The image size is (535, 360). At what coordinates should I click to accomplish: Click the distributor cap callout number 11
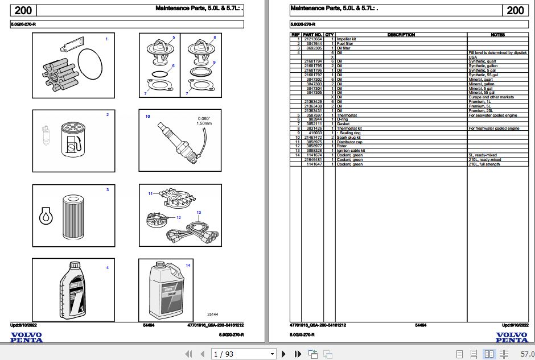[150, 194]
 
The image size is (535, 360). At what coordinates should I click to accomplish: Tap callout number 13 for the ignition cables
[199, 212]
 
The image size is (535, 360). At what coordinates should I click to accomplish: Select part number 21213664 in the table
[313, 39]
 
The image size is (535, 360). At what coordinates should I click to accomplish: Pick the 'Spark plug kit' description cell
[349, 138]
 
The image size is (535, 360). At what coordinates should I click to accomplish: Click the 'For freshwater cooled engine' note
[493, 129]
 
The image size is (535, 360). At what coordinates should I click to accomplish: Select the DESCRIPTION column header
[401, 35]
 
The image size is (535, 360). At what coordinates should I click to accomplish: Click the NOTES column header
[497, 35]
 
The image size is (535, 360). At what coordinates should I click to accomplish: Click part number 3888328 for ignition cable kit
[313, 151]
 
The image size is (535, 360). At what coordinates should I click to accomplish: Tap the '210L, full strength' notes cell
[484, 164]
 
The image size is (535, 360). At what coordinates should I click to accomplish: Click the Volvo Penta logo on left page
[26, 337]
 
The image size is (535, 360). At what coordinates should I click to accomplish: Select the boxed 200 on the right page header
[515, 10]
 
